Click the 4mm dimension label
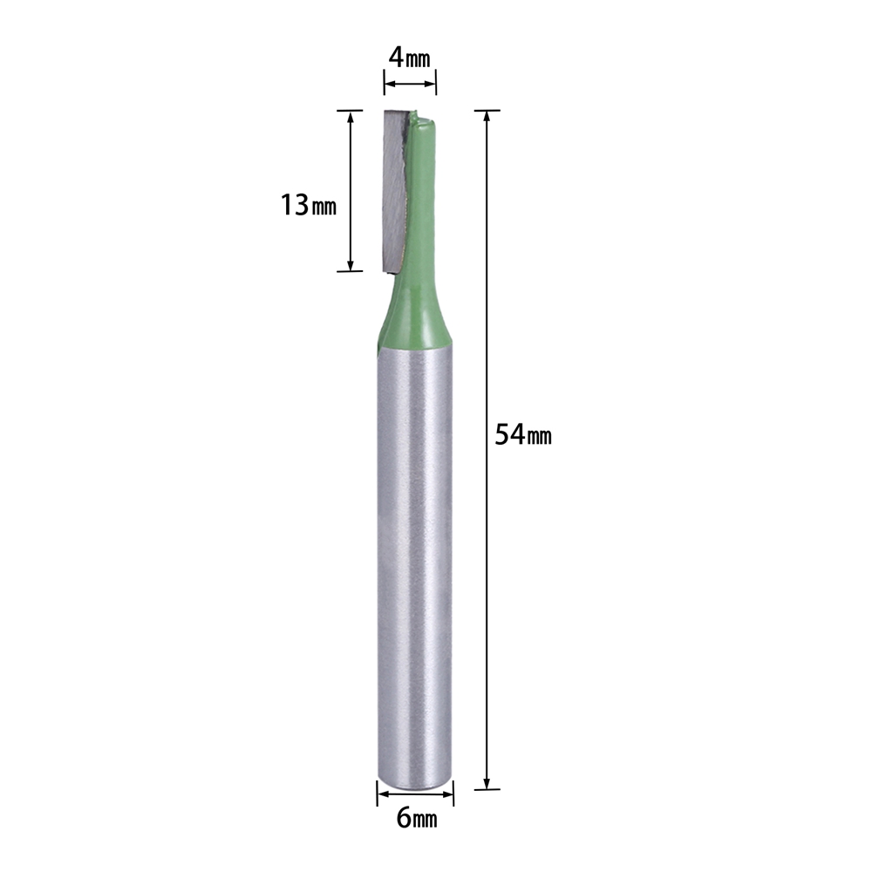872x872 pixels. [x=409, y=58]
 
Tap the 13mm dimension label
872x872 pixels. [x=308, y=205]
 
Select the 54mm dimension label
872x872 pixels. [x=522, y=434]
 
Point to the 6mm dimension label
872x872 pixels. [x=417, y=818]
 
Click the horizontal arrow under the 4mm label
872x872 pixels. [x=410, y=84]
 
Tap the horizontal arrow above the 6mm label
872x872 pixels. [x=415, y=794]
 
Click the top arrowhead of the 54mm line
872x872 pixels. [x=487, y=117]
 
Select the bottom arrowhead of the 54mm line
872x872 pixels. [x=487, y=782]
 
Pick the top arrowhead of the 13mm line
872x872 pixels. [x=351, y=117]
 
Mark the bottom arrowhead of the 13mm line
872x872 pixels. [x=351, y=265]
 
